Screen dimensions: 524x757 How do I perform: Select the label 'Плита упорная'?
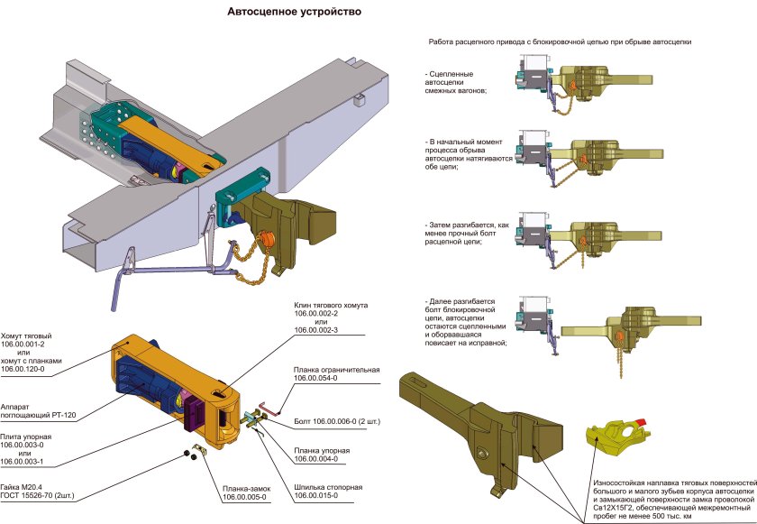[31, 436]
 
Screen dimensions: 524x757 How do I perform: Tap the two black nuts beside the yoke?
[187, 453]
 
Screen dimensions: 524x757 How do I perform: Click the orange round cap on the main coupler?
[267, 241]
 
